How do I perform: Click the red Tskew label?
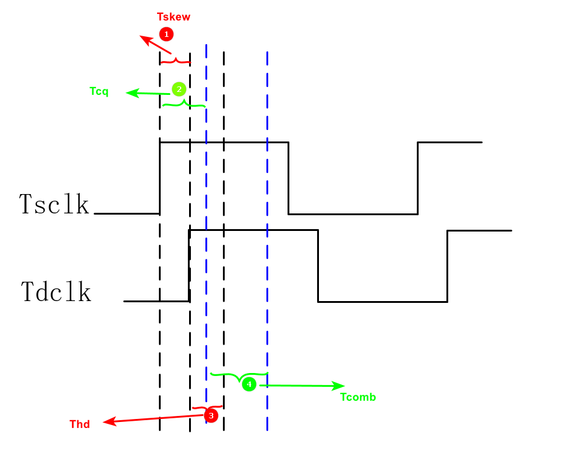tap(174, 16)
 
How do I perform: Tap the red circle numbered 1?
tap(166, 34)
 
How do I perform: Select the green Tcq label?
tap(99, 91)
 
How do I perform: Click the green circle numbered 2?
tap(178, 89)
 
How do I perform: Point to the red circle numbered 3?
tap(211, 415)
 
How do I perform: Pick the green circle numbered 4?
tap(249, 384)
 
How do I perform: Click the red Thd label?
tap(80, 424)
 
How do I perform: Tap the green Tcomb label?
tap(358, 397)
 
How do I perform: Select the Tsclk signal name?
tap(54, 204)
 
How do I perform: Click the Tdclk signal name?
tap(56, 291)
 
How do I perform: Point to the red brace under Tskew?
tap(175, 60)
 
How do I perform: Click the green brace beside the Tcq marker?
tap(184, 104)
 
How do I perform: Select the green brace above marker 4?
tap(239, 375)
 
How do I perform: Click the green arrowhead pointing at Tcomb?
tap(339, 386)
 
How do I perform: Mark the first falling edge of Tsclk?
tap(288, 178)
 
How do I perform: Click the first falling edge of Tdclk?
tap(318, 265)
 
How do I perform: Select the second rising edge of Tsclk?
tap(418, 178)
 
